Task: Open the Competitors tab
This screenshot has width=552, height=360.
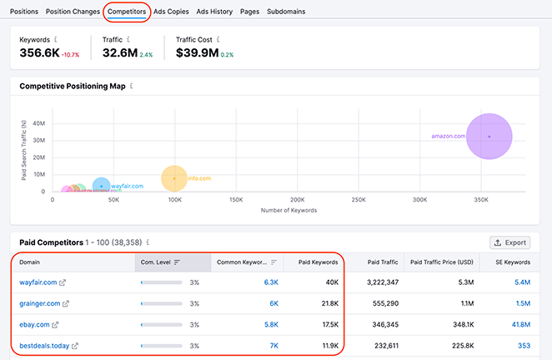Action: [x=128, y=12]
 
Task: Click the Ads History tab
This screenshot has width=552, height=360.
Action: [x=214, y=12]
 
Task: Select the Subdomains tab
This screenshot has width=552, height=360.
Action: [x=286, y=12]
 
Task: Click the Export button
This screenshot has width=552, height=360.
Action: [x=509, y=242]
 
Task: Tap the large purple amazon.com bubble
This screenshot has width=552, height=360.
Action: [x=489, y=136]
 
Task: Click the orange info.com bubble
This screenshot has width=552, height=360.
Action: [x=174, y=178]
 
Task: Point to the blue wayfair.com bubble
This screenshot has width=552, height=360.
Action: [x=101, y=187]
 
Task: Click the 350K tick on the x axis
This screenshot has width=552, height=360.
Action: [x=481, y=201]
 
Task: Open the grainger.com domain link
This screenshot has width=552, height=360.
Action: [x=40, y=303]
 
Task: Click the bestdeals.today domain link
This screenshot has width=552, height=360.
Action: [x=44, y=345]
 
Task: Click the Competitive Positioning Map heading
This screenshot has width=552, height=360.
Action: [x=73, y=86]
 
